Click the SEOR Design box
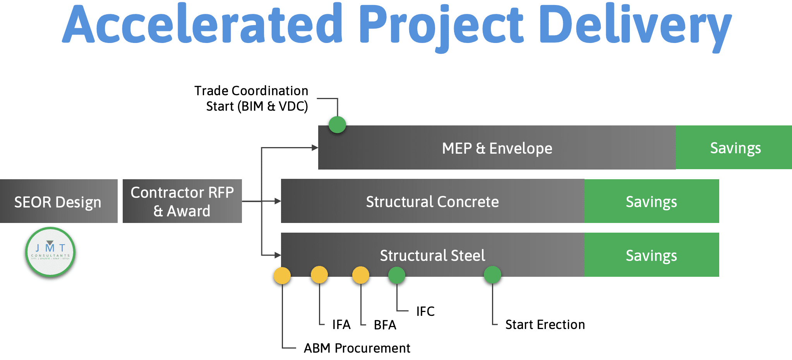tap(58, 201)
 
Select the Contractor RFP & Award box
tap(182, 201)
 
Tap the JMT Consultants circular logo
tap(50, 252)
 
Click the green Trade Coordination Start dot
tap(337, 125)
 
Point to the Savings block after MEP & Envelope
tap(734, 147)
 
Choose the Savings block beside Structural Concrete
tap(651, 201)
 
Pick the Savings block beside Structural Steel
tap(651, 255)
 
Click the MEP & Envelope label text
tap(497, 148)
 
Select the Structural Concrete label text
tap(432, 202)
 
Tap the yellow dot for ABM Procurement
tap(282, 276)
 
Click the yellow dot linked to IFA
tap(319, 275)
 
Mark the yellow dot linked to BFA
tap(361, 275)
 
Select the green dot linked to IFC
tap(397, 275)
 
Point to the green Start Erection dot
tap(492, 275)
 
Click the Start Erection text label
tap(545, 324)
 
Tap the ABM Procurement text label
tap(357, 348)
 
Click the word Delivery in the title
tap(635, 25)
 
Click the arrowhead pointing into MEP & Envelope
tap(315, 147)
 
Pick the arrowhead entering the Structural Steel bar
tap(278, 255)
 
